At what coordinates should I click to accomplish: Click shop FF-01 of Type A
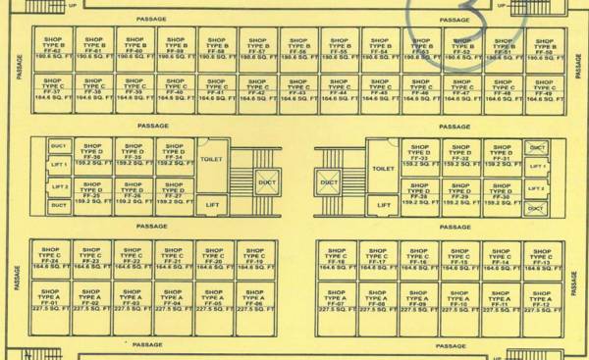pyautogui.click(x=49, y=300)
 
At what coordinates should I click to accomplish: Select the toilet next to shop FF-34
pyautogui.click(x=212, y=158)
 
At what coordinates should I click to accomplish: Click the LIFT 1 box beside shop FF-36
pyautogui.click(x=59, y=166)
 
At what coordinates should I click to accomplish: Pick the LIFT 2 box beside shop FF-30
pyautogui.click(x=536, y=187)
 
